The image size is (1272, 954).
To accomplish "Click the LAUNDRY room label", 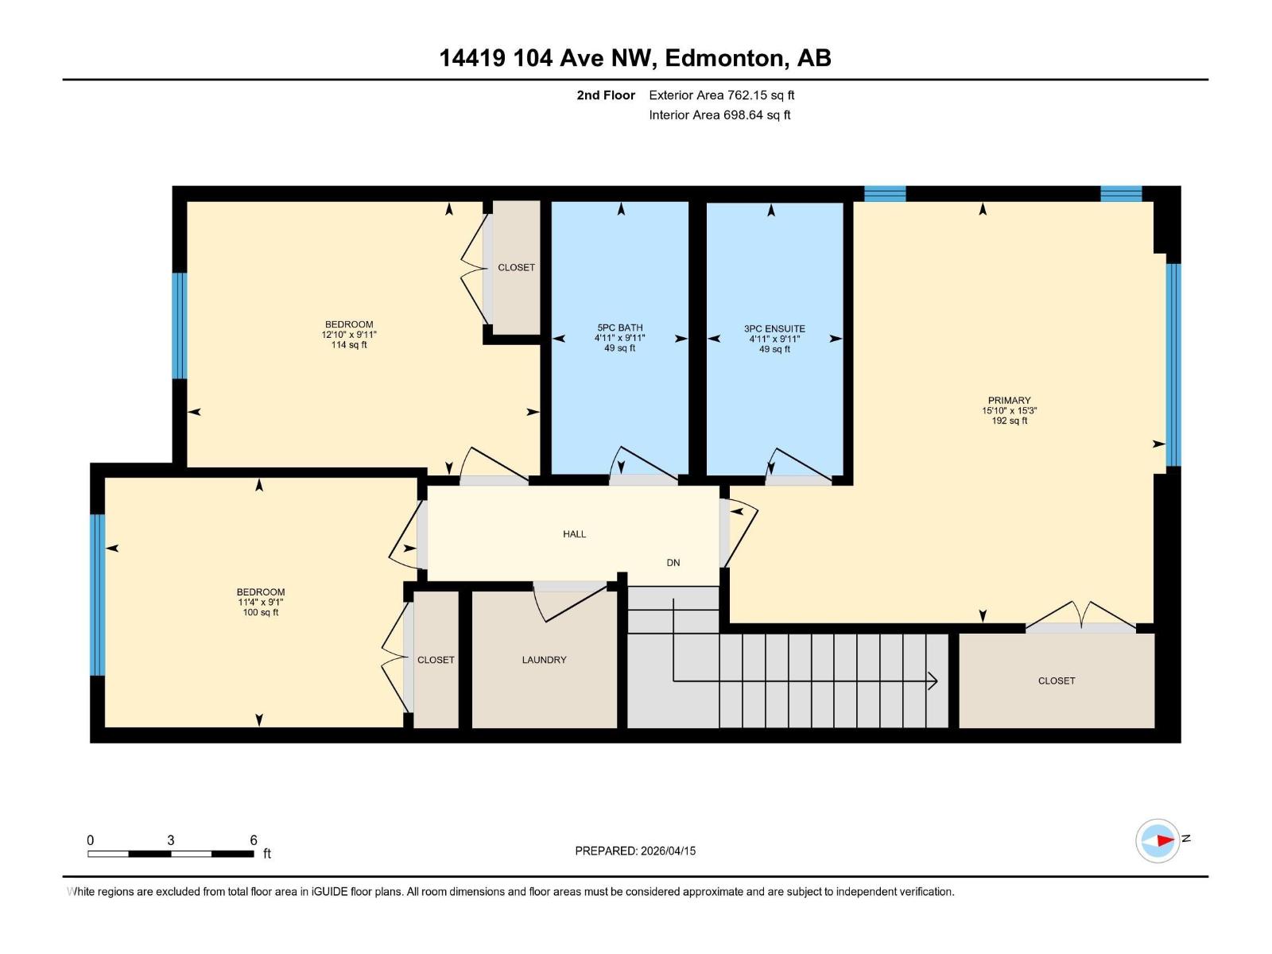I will [x=544, y=660].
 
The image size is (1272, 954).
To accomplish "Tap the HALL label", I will [x=574, y=534].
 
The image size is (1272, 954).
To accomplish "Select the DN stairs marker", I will [x=673, y=563].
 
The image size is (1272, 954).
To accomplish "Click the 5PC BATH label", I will [x=619, y=328].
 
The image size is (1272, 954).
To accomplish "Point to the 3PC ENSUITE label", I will [x=774, y=328].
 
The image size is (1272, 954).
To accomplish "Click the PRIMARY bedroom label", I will [x=1009, y=401].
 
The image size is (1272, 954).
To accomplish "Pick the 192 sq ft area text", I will [x=1009, y=421].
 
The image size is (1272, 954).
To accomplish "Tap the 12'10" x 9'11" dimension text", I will [x=348, y=335].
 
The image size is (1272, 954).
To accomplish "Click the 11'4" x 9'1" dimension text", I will [x=260, y=603].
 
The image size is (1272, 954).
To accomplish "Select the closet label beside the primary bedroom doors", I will [x=1056, y=681].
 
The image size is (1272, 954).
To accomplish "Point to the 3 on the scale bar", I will [x=171, y=840].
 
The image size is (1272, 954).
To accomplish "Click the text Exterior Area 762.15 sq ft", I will [x=721, y=95].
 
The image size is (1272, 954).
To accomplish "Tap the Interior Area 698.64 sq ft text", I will [x=719, y=115].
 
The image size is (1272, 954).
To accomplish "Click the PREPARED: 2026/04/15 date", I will [x=635, y=851].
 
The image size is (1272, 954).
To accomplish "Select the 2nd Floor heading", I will [x=606, y=95].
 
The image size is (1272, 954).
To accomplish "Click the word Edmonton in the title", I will [x=723, y=58].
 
